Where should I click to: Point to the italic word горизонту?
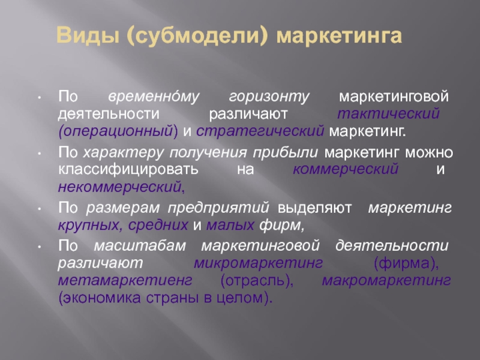pos(269,97)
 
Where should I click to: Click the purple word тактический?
pos(388,113)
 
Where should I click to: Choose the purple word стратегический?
pos(260,131)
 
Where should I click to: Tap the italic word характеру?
pos(124,152)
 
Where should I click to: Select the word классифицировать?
pos(128,169)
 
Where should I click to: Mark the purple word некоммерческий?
pos(120,187)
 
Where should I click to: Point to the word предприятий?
pos(218,208)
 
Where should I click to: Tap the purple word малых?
pos(230,225)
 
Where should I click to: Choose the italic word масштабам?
pos(140,245)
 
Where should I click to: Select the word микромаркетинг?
pos(258,263)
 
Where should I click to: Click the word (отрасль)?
pos(257,280)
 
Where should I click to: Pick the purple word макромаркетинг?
pos(386,280)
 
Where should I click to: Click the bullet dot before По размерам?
pos(39,209)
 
